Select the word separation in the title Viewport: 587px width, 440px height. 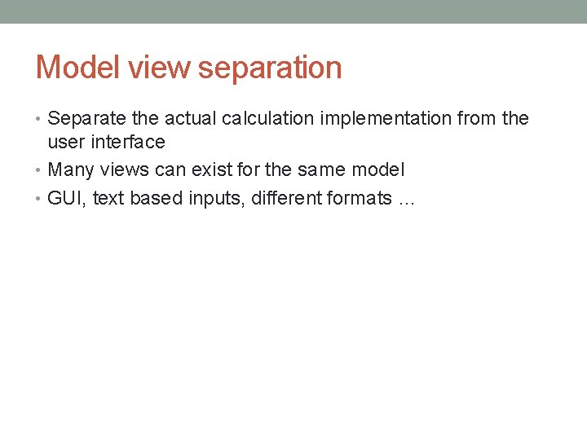(x=270, y=68)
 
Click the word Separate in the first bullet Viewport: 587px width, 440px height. (x=84, y=119)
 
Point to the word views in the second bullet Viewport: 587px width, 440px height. (x=121, y=170)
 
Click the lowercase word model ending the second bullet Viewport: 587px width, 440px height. (x=377, y=170)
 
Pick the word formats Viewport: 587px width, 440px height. (x=360, y=199)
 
